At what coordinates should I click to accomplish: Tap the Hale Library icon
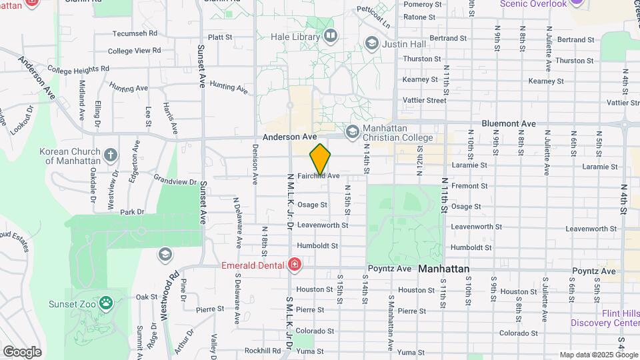click(329, 35)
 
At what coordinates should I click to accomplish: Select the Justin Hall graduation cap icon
click(371, 44)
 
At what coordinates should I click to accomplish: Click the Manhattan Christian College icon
click(352, 131)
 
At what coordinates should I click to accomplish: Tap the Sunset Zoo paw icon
click(106, 303)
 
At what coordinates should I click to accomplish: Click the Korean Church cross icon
click(111, 155)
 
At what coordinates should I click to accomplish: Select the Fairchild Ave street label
click(319, 176)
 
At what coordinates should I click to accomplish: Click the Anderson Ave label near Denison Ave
click(289, 136)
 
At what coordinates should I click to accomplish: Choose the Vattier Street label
click(424, 101)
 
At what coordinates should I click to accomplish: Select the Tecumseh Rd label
click(135, 33)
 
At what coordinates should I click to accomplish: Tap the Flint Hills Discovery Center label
click(605, 318)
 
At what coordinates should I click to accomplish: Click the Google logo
click(22, 352)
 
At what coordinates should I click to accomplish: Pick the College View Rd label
click(135, 51)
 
